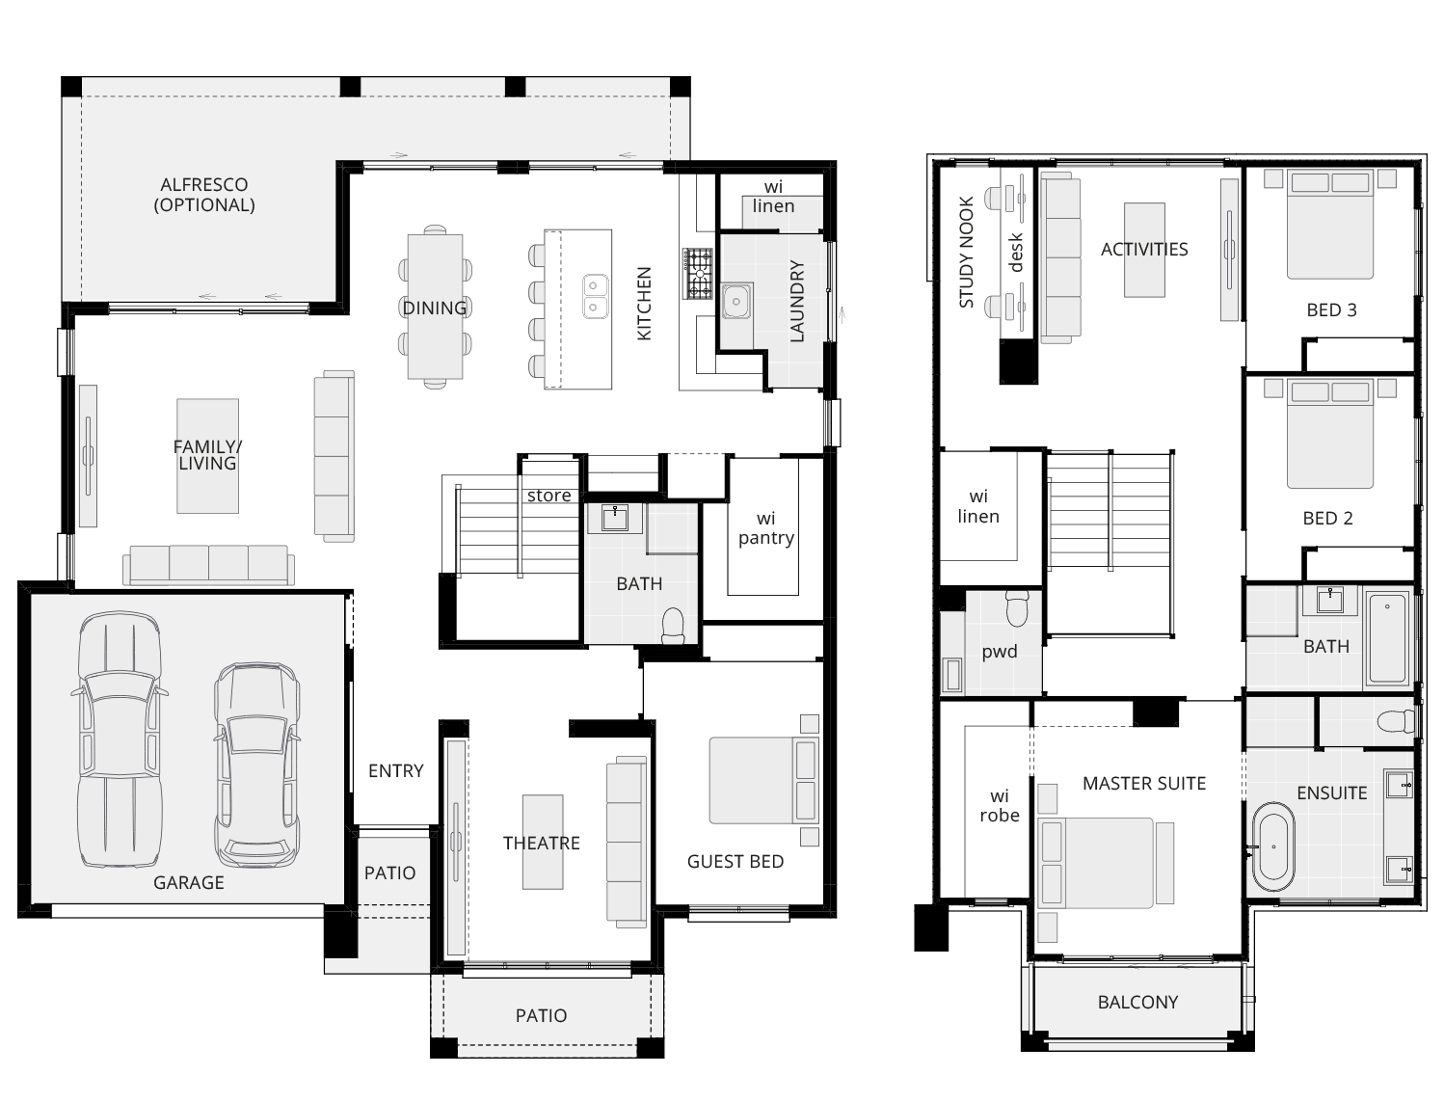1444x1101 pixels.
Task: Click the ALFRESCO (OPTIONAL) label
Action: pyautogui.click(x=204, y=194)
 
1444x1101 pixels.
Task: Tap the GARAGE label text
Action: pyautogui.click(x=189, y=882)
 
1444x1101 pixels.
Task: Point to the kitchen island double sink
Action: pyautogui.click(x=594, y=296)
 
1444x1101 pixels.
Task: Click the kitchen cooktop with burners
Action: pyautogui.click(x=698, y=273)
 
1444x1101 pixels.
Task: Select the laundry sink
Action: pyautogui.click(x=737, y=302)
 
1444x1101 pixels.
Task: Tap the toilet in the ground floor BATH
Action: pyautogui.click(x=673, y=625)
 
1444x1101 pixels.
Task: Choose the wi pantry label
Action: pyautogui.click(x=765, y=528)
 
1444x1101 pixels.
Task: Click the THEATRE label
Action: pyautogui.click(x=541, y=843)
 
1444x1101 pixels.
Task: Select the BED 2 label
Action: pyautogui.click(x=1327, y=518)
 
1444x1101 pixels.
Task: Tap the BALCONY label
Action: pyautogui.click(x=1137, y=1002)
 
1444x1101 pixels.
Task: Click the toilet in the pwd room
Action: pyautogui.click(x=1017, y=608)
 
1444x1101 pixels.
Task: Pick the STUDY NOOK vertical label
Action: pyautogui.click(x=967, y=253)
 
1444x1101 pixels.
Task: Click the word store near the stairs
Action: pyautogui.click(x=548, y=496)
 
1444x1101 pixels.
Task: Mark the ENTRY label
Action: pyautogui.click(x=395, y=770)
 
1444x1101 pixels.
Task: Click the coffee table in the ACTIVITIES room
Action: pyautogui.click(x=1144, y=250)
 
